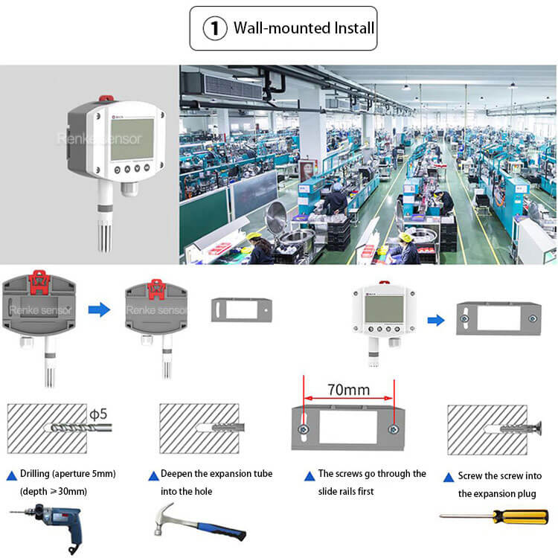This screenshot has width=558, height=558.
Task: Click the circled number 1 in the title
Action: point(215,28)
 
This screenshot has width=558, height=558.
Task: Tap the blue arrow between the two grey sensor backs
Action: point(99,308)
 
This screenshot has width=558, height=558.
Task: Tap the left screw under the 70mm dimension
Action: point(304,429)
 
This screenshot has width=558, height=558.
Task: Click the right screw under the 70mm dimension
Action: point(394,430)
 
